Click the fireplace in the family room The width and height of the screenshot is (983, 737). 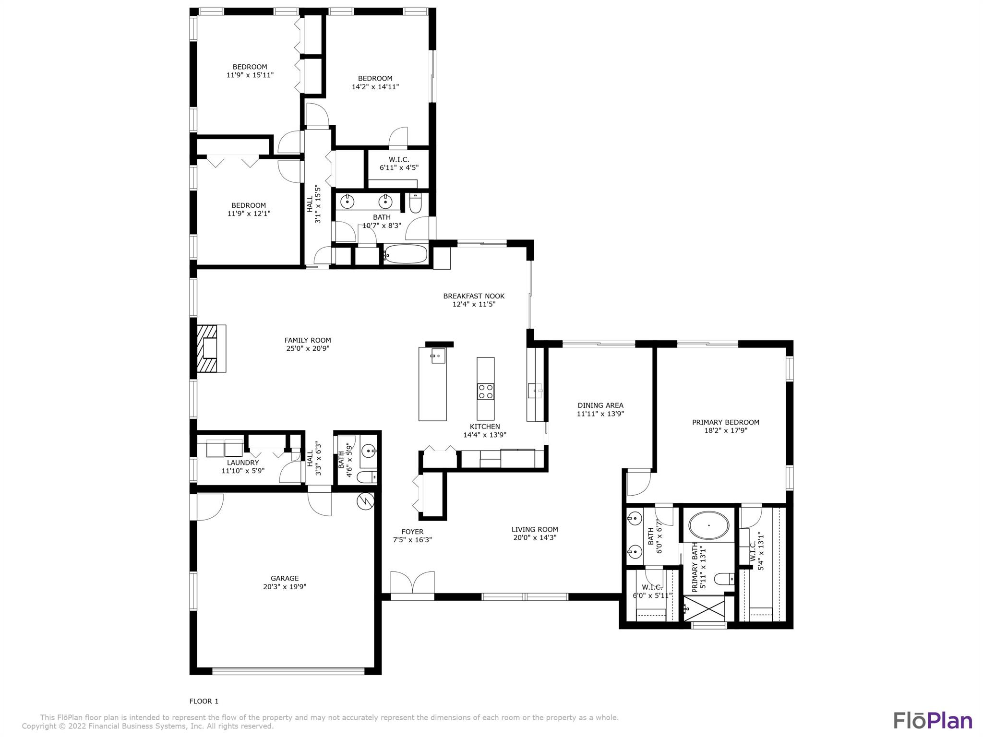click(211, 348)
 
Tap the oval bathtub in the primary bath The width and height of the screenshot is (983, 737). click(708, 526)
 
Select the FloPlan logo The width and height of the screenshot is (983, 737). click(933, 720)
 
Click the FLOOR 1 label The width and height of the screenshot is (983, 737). click(204, 701)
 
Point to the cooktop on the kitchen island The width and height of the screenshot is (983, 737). click(486, 391)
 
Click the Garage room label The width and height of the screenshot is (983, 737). click(285, 578)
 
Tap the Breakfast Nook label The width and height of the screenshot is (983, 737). click(474, 296)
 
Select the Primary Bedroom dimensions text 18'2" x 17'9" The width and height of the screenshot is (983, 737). click(726, 430)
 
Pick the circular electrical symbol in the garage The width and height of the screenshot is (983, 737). click(365, 501)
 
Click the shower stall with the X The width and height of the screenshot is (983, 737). click(704, 608)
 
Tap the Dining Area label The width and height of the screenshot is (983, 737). click(600, 405)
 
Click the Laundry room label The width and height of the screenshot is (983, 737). click(243, 463)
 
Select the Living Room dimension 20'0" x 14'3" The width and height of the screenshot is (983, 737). click(535, 538)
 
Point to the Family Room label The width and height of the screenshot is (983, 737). click(308, 340)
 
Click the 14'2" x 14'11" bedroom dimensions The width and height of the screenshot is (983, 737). click(375, 87)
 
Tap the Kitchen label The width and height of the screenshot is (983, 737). click(485, 427)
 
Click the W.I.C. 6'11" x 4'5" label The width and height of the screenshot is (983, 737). click(399, 164)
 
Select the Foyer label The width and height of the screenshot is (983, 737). click(412, 532)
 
